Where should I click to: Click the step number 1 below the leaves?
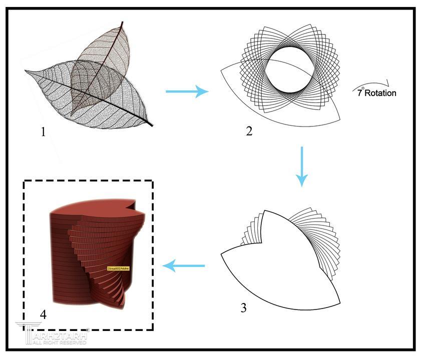(x=43, y=132)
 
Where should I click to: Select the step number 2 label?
(x=249, y=131)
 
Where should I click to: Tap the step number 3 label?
(x=243, y=307)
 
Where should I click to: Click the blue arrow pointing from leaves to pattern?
(x=186, y=91)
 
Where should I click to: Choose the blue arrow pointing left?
(x=184, y=266)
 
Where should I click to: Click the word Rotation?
(x=380, y=93)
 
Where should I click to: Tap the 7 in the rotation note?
(x=359, y=93)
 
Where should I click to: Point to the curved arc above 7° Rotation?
(x=373, y=85)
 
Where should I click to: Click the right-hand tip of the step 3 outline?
(x=339, y=303)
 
